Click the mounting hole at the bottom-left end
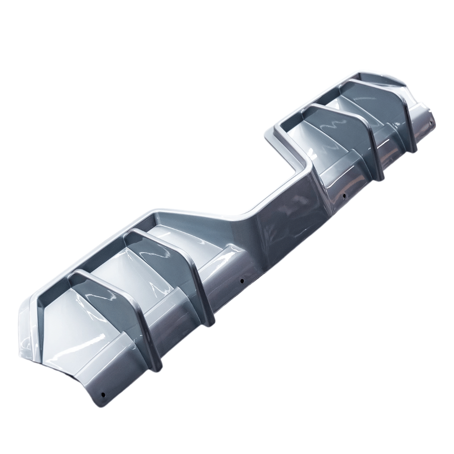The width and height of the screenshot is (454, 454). point(103,394)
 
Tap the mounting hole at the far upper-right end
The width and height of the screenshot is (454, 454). point(431,123)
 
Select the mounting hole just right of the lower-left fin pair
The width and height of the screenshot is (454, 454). point(242,281)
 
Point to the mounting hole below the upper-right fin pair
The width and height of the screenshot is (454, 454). point(344,195)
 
